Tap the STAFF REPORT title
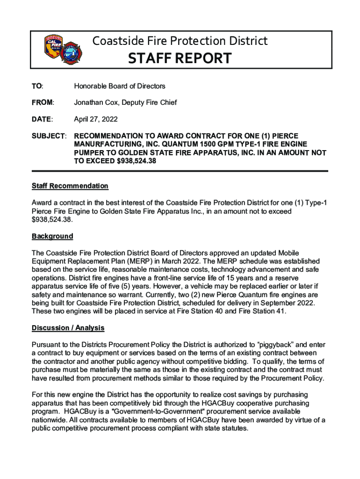point(180,58)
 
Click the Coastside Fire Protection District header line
point(180,41)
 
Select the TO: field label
point(37,86)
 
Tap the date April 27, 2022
point(96,119)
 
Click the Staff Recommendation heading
point(70,186)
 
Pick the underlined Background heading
point(52,236)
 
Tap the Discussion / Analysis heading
point(68,328)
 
